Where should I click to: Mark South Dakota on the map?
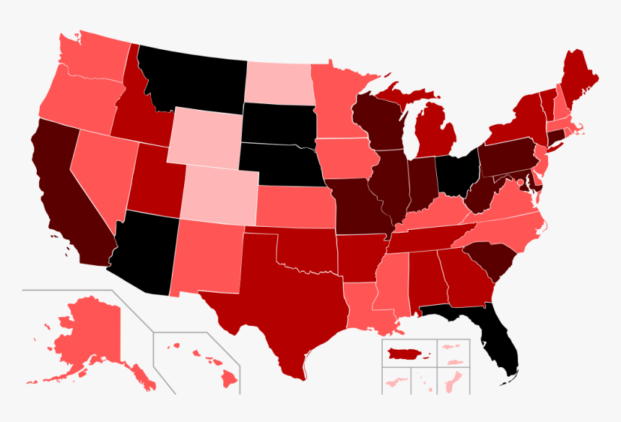(x=278, y=123)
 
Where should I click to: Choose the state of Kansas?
(x=296, y=206)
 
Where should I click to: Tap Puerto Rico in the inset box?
(x=407, y=354)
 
